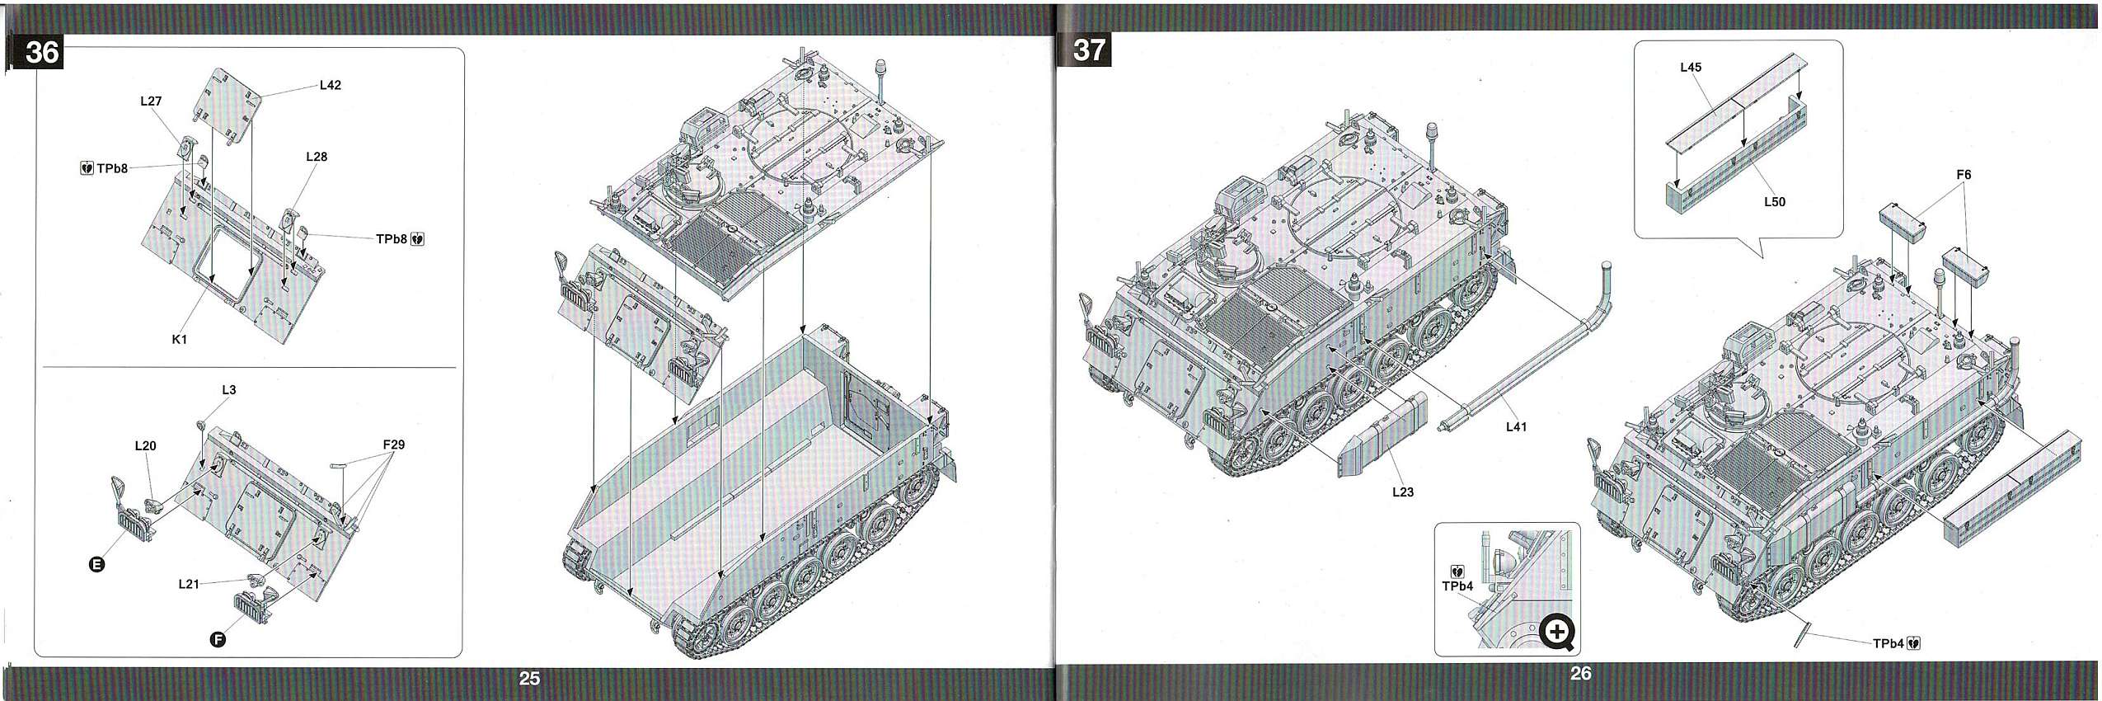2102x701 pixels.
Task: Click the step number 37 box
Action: coord(1089,50)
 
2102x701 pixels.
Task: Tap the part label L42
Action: coord(330,85)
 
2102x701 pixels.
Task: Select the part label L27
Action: coord(151,101)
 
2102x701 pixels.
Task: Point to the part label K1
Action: coord(180,339)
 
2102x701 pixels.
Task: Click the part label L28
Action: coord(317,157)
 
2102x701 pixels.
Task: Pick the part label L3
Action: coord(228,390)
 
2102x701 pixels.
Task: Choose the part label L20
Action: coord(145,446)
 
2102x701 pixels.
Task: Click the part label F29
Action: coord(394,445)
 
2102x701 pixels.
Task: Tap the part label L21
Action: coord(189,584)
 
